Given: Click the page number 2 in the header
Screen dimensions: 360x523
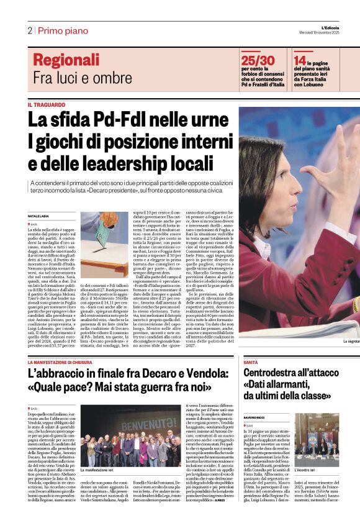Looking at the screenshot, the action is tap(29, 30).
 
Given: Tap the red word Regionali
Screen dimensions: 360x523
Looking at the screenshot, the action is tap(66, 60).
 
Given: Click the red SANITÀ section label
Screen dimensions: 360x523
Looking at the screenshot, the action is tap(251, 362).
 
